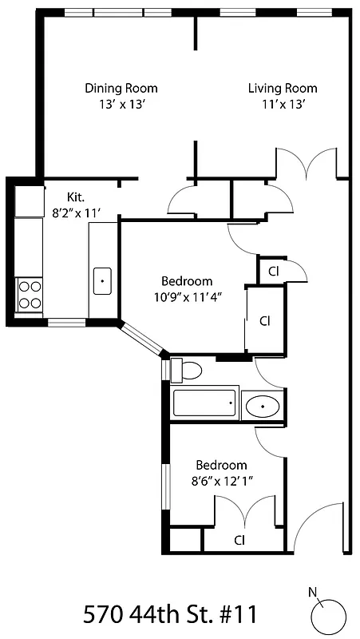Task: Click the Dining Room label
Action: point(121,88)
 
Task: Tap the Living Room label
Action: point(282,88)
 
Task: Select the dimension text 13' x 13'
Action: point(121,104)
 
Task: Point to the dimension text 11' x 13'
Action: point(282,104)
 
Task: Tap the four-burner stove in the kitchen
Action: point(30,295)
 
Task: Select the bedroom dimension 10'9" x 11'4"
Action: point(187,297)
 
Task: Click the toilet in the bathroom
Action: point(188,371)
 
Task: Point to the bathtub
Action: point(205,403)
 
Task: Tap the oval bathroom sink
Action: point(262,406)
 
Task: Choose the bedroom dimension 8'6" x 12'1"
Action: point(221,481)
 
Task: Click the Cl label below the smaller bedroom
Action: point(239,540)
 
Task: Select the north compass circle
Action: point(328,616)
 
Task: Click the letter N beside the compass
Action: point(312,592)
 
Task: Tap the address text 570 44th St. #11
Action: point(170,614)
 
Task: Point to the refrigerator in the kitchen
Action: point(30,200)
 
